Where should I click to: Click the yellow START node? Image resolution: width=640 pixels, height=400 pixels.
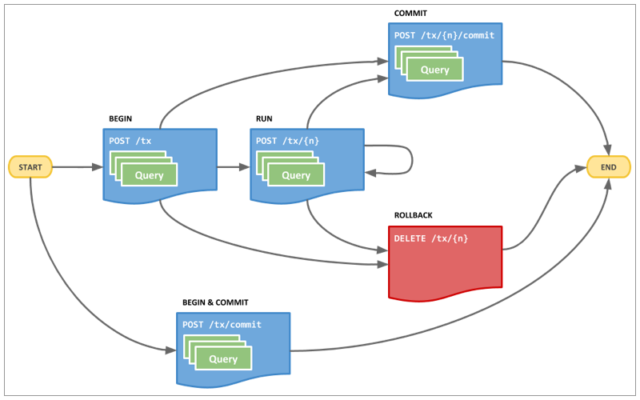coord(30,167)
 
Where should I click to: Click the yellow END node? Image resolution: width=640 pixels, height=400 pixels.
coord(608,167)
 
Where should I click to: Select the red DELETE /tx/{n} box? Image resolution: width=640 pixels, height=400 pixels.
coord(446,264)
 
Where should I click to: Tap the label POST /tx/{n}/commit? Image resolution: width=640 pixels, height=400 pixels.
coord(444,35)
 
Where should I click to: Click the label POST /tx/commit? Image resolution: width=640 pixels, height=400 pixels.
coord(222,325)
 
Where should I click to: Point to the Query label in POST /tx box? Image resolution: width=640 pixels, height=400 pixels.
coord(149,175)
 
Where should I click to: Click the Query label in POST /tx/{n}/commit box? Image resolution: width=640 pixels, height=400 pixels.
coord(435,70)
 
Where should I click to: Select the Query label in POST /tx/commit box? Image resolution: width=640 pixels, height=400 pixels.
coord(223,359)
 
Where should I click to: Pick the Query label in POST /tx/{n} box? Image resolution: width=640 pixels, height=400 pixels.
coord(296,175)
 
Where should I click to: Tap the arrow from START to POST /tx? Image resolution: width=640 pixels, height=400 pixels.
coord(78,167)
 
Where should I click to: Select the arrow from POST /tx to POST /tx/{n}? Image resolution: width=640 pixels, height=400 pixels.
coord(233,167)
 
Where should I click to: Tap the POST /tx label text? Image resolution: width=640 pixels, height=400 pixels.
coord(130,141)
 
